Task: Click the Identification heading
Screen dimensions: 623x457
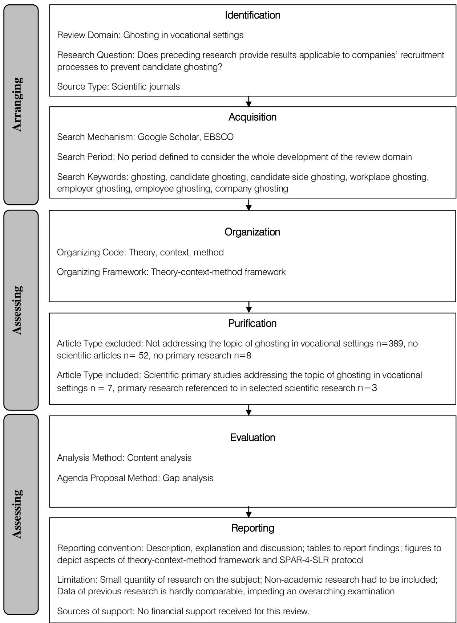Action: [x=252, y=16]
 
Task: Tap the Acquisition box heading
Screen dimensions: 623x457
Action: [x=252, y=117]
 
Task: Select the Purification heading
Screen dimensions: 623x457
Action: [x=252, y=323]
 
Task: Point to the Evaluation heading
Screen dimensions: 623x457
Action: [x=252, y=438]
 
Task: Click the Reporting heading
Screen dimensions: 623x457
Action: [x=252, y=528]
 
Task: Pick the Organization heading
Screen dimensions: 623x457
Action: [x=252, y=232]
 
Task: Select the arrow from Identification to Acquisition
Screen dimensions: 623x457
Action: [x=248, y=101]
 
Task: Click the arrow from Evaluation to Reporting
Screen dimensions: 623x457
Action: [x=248, y=512]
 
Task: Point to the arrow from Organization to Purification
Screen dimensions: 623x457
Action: [x=248, y=307]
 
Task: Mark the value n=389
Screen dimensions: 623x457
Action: [x=389, y=343]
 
